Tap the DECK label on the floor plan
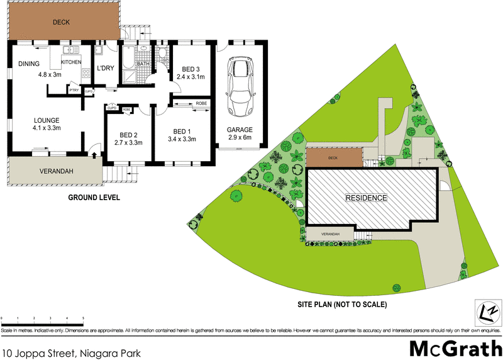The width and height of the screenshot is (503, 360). [x=61, y=23]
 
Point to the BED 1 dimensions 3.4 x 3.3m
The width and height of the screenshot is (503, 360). [x=182, y=139]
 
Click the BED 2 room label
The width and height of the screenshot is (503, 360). [x=129, y=135]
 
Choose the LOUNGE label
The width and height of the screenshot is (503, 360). [x=47, y=120]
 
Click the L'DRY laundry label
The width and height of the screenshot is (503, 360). [x=104, y=69]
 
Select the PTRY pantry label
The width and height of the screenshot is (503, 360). [x=74, y=90]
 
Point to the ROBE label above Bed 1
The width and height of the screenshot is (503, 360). [x=201, y=103]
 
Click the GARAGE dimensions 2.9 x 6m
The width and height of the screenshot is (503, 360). [x=240, y=138]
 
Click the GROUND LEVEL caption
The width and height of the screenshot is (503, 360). [x=94, y=198]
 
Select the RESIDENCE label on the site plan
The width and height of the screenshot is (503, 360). [x=365, y=197]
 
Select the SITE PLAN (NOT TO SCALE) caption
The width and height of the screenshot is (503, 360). [x=342, y=304]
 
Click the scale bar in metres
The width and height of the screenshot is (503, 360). [x=43, y=320]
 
